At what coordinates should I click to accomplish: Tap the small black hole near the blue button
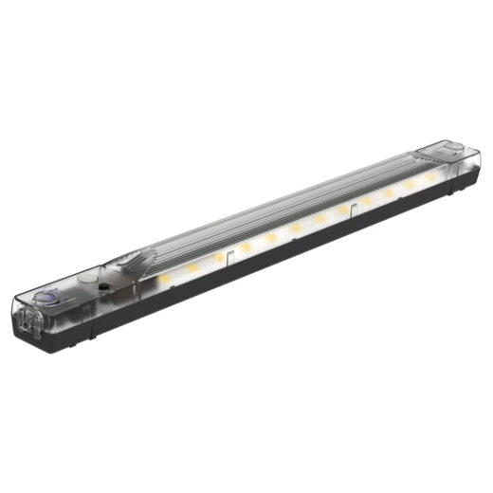(x=100, y=283)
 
